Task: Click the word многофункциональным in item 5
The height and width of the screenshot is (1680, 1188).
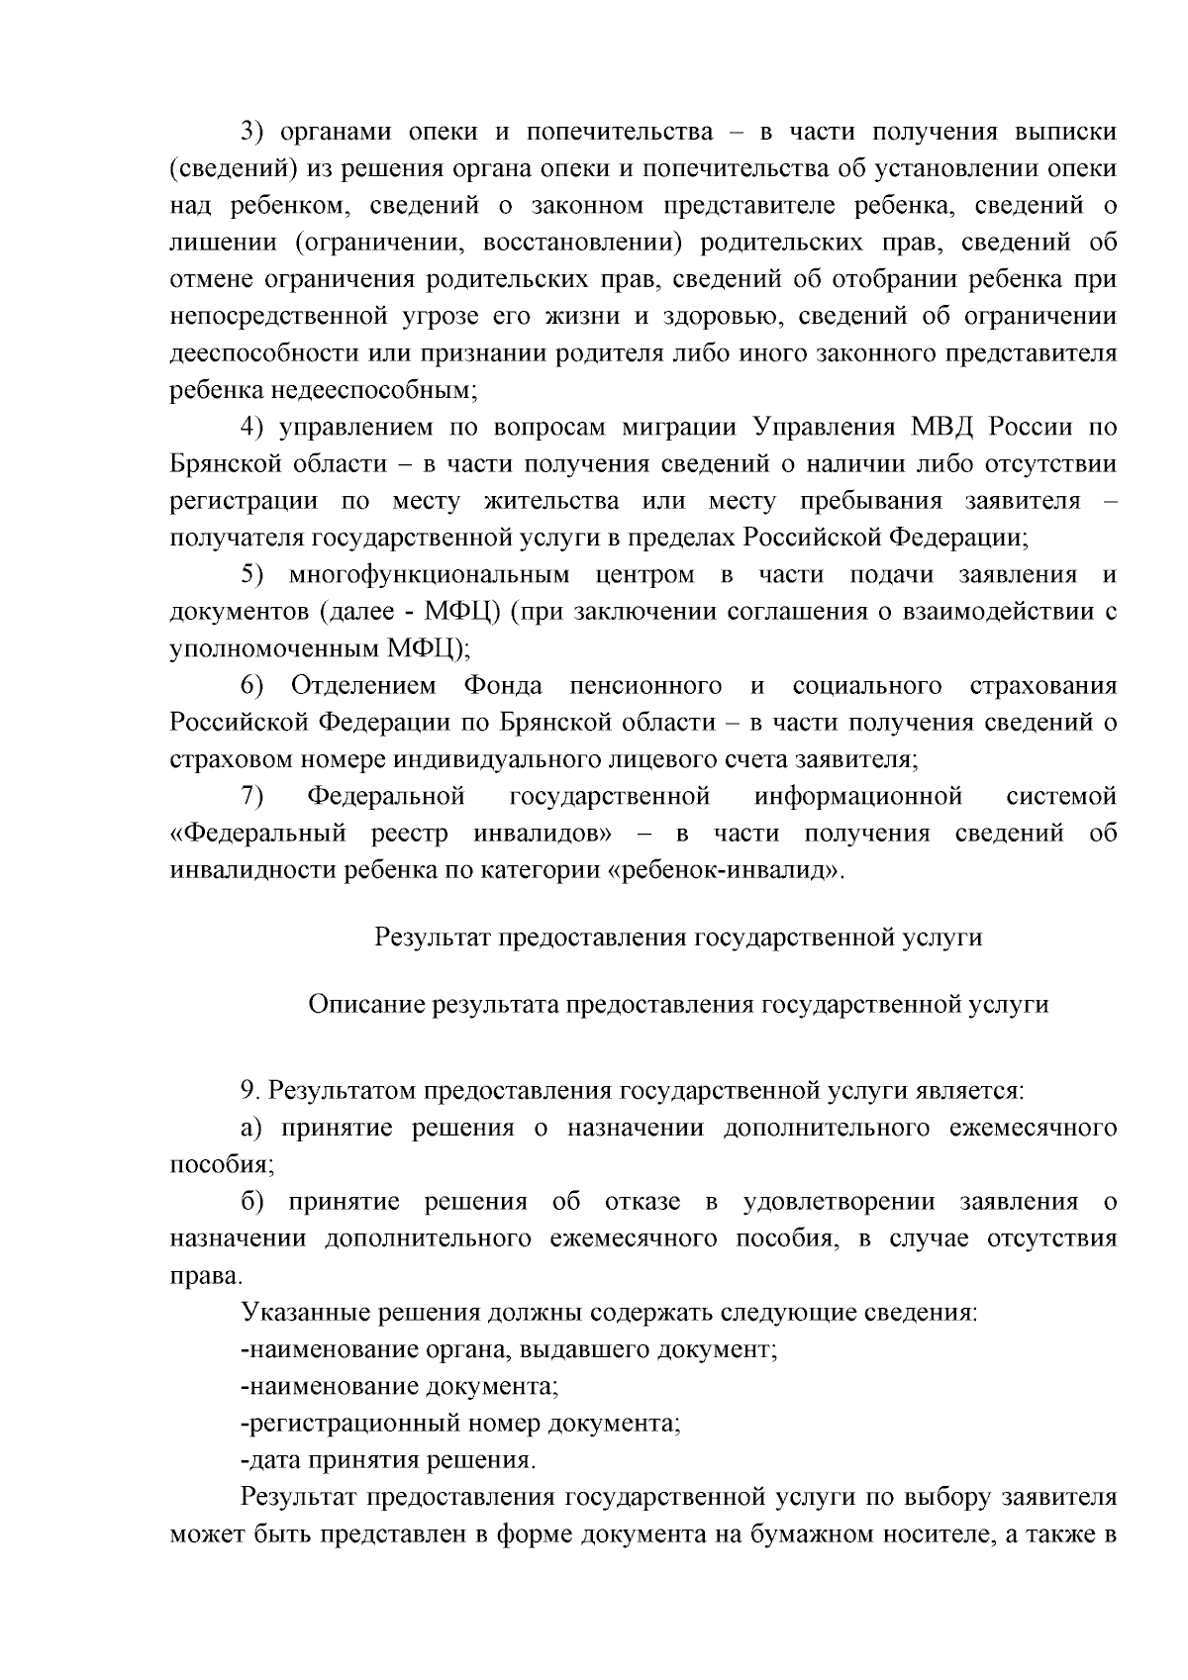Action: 429,575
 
